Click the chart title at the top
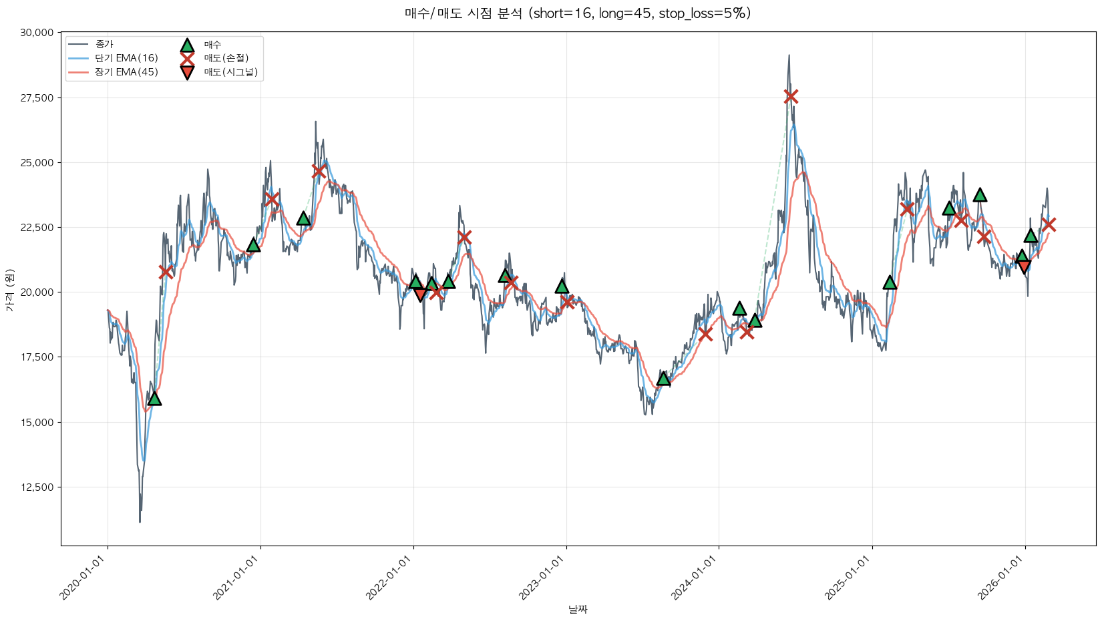(x=578, y=13)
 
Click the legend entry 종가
(x=104, y=44)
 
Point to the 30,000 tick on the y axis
(x=36, y=33)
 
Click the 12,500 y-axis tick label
(x=36, y=487)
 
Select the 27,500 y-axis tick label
(x=36, y=98)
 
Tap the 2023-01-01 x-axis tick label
(x=543, y=578)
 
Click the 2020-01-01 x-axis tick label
(x=84, y=578)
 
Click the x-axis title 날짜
(x=578, y=609)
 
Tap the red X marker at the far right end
(x=1049, y=224)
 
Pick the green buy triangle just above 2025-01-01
(x=890, y=282)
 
